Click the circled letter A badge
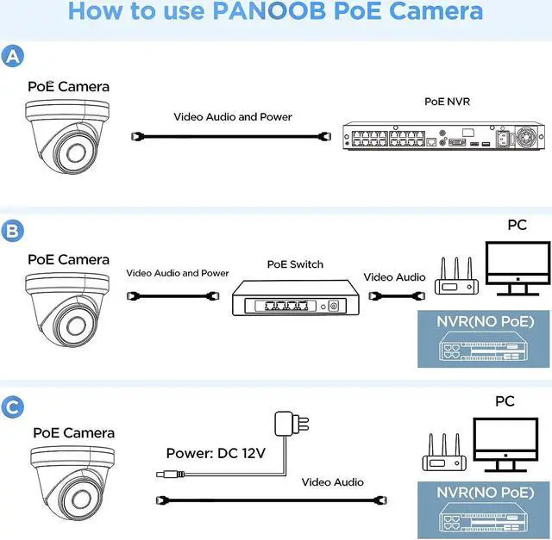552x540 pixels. coord(13,57)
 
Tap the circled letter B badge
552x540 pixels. coord(13,231)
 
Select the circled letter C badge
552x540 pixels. coord(13,406)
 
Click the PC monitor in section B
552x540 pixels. coord(516,264)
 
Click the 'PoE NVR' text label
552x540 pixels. coord(446,101)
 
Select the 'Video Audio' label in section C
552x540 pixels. coord(332,482)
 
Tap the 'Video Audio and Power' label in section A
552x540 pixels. coord(233,116)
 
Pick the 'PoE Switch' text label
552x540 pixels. coord(295,264)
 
